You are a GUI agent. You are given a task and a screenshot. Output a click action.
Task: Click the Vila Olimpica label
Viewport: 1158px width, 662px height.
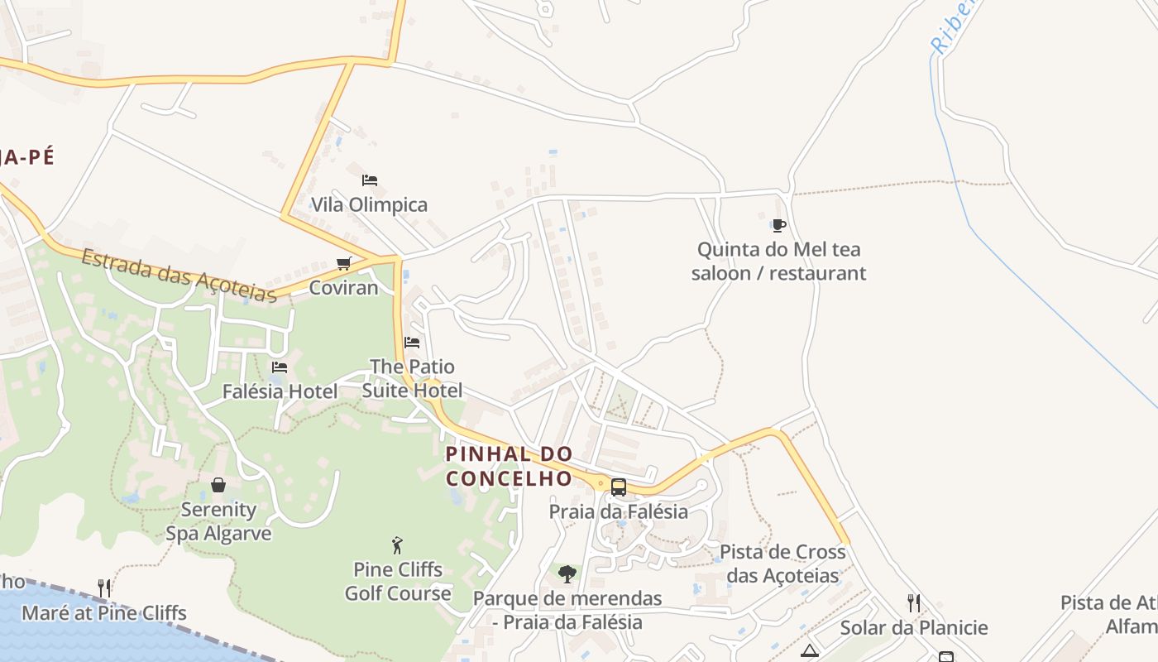coord(369,204)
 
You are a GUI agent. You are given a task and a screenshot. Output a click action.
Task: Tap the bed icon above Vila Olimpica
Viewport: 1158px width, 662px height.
coord(370,180)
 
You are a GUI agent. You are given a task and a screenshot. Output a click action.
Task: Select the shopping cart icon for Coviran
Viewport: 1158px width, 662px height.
coord(344,263)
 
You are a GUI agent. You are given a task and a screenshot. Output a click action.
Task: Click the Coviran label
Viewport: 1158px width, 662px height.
coord(343,288)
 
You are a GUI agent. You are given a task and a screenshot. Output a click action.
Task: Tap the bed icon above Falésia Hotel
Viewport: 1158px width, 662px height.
coord(280,367)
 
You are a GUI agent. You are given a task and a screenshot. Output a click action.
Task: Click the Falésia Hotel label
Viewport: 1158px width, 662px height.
coord(280,391)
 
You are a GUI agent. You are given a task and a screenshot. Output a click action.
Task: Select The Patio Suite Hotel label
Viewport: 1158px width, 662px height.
coord(412,378)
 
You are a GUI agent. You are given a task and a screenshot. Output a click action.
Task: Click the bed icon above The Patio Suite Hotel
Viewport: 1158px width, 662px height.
coord(412,342)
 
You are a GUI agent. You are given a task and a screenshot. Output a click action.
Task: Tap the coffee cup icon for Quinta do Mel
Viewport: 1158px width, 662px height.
coord(778,224)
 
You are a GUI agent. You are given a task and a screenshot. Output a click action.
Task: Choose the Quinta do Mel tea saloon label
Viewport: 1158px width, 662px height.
coord(778,261)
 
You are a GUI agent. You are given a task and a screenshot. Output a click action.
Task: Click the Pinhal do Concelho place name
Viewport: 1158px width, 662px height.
coord(509,466)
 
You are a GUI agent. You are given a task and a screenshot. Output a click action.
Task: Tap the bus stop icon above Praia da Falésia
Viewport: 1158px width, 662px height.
coord(619,487)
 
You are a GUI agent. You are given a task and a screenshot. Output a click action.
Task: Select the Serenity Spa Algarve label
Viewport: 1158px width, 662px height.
coord(218,521)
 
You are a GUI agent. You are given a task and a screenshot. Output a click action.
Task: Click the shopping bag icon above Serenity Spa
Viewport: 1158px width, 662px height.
coord(218,485)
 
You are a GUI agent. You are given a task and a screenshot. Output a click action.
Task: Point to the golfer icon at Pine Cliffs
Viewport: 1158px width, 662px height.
coord(398,545)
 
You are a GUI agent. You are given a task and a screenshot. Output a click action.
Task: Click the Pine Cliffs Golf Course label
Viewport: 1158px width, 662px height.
coord(398,582)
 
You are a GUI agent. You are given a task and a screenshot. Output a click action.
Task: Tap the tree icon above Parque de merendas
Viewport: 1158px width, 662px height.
coord(567,573)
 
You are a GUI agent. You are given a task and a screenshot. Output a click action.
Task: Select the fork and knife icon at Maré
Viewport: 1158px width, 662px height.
coord(104,588)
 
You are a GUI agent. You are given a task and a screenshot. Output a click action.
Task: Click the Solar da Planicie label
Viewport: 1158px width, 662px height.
coord(914,628)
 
